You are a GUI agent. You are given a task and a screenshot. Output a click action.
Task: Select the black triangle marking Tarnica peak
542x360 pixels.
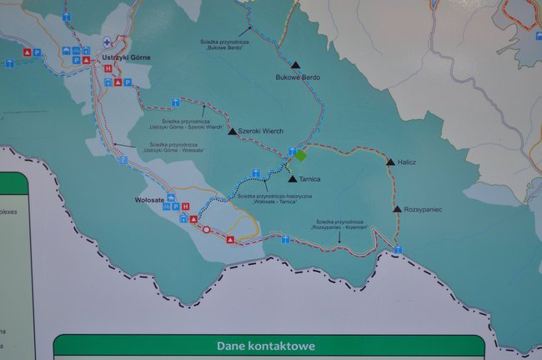292,177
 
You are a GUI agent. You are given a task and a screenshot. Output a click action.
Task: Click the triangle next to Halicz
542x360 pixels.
390,162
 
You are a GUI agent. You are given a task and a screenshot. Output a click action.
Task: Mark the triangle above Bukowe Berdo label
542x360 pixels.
295,64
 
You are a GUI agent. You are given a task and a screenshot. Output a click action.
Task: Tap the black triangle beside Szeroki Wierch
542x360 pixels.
233,130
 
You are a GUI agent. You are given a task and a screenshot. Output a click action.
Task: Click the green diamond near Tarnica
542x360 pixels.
301,155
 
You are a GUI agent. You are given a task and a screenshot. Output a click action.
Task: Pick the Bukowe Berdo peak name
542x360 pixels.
297,77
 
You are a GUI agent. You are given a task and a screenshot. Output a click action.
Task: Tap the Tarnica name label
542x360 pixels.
309,178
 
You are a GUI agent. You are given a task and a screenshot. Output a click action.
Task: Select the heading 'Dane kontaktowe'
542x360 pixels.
266,346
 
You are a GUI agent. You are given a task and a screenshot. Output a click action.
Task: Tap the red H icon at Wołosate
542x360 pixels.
185,207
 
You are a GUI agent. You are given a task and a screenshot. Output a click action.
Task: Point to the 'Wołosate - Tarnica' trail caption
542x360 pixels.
274,199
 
